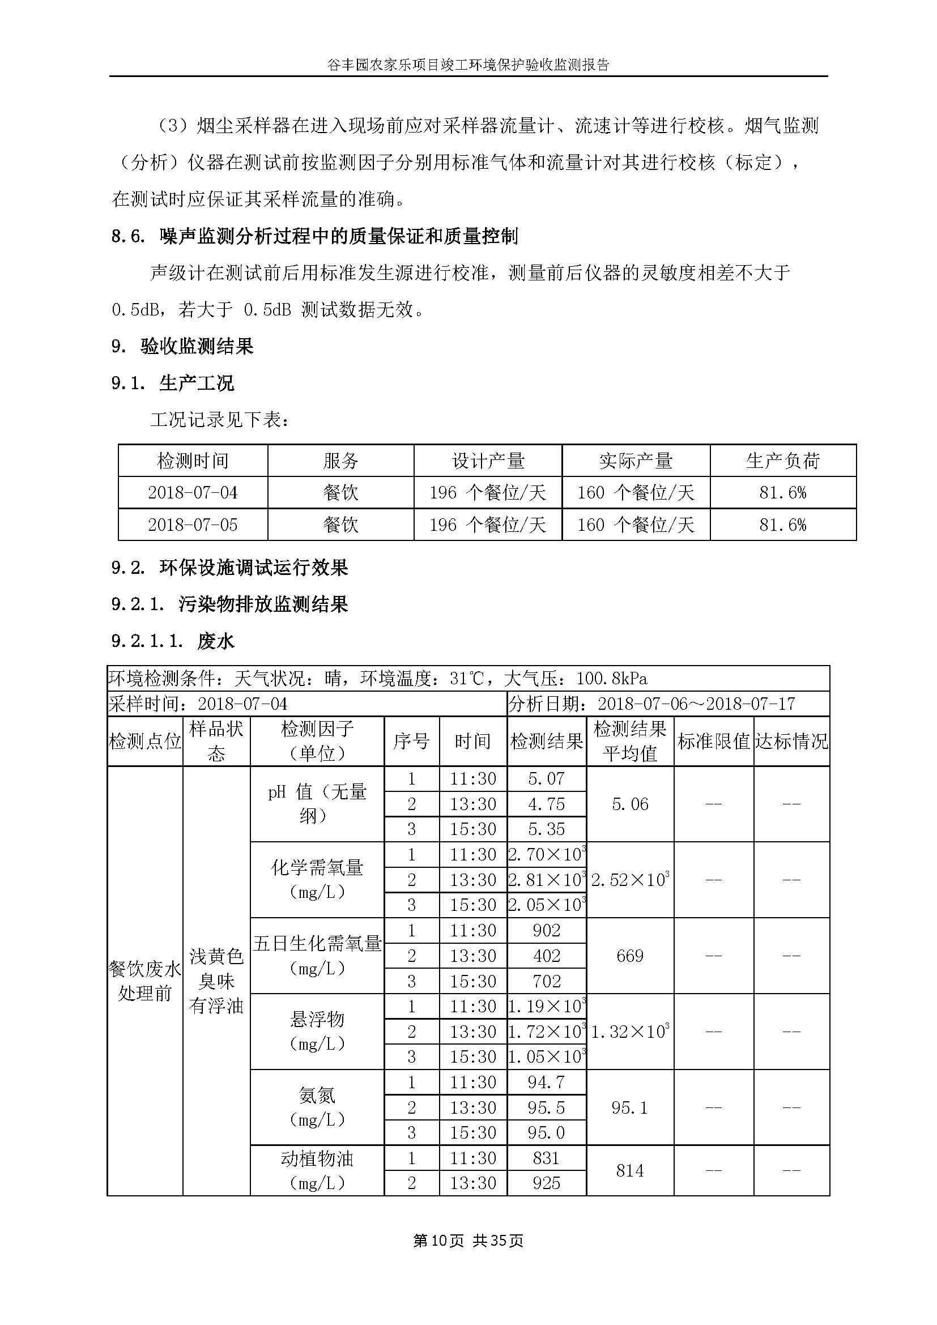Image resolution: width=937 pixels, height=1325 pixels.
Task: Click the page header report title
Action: tap(468, 65)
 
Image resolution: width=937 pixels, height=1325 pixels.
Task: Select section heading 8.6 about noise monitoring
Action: tap(314, 236)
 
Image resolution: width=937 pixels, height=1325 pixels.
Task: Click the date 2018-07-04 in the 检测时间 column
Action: tap(193, 492)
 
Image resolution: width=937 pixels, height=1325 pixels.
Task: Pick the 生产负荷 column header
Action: tap(782, 461)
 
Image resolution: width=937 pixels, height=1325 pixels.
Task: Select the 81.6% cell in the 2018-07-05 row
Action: tap(782, 525)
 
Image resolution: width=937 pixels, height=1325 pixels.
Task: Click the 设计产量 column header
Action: tap(488, 461)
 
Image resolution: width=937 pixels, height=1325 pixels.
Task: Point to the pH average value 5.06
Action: tap(629, 804)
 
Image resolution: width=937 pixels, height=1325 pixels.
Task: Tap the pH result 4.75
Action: tap(546, 804)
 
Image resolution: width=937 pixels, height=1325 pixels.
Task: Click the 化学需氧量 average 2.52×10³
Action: tap(629, 880)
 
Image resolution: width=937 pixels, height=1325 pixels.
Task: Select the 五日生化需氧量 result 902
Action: tap(546, 930)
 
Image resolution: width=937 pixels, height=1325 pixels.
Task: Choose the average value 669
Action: tap(629, 956)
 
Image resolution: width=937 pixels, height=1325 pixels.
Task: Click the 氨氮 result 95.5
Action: tap(546, 1107)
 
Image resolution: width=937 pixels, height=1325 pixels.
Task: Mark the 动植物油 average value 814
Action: tap(629, 1170)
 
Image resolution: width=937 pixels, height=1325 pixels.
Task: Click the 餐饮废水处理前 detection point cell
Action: tap(145, 981)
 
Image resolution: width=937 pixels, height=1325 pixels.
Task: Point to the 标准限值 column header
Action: tap(713, 741)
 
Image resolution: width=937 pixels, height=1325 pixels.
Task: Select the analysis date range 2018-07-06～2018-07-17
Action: tap(696, 704)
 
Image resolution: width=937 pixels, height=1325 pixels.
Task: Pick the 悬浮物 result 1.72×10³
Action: tap(546, 1031)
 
